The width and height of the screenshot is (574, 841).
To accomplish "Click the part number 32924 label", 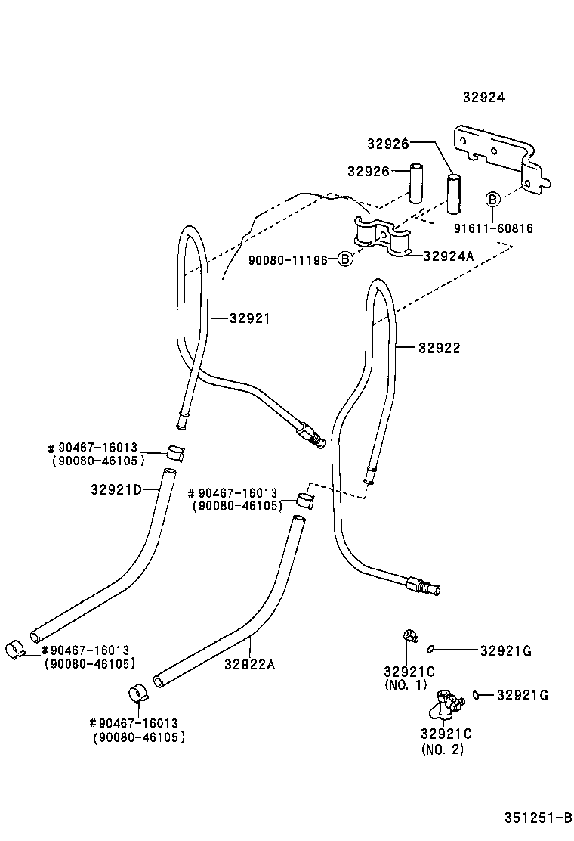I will (483, 98).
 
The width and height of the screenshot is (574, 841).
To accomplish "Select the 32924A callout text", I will (448, 256).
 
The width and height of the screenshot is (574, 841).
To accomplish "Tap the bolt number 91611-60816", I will (493, 228).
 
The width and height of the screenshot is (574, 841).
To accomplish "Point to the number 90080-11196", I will (288, 260).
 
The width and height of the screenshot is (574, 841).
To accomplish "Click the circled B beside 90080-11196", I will (344, 260).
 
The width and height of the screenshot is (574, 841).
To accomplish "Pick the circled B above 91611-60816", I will (492, 200).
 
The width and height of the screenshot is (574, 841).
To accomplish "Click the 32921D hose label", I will (116, 489).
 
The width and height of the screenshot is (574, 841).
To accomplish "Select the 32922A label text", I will (250, 665).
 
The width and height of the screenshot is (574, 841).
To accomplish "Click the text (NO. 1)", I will (406, 685).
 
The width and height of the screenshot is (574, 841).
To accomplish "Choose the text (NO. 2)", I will (443, 749).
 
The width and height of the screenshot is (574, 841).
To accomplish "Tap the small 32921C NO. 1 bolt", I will (410, 635).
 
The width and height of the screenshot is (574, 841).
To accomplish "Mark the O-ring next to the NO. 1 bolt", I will (430, 647).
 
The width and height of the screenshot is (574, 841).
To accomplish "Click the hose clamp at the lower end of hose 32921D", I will (14, 648).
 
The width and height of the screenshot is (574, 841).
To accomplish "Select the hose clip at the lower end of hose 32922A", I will (137, 692).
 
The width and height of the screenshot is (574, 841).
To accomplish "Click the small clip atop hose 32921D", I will (175, 452).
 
